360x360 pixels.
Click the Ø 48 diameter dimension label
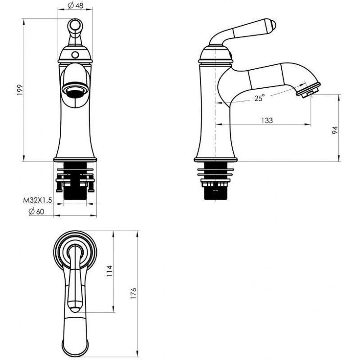click(x=75, y=5)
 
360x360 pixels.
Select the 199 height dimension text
click(x=20, y=90)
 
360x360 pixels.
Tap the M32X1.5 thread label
click(x=37, y=200)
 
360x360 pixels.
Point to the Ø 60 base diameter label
click(x=36, y=211)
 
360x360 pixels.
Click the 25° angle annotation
click(x=259, y=98)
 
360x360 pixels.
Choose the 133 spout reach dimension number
click(x=267, y=120)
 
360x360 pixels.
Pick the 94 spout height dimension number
click(x=335, y=130)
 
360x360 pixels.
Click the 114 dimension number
click(x=110, y=271)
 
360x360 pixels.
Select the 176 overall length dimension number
click(x=133, y=293)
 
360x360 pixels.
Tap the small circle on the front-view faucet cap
click(x=75, y=55)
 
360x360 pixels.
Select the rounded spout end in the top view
click(x=75, y=344)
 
